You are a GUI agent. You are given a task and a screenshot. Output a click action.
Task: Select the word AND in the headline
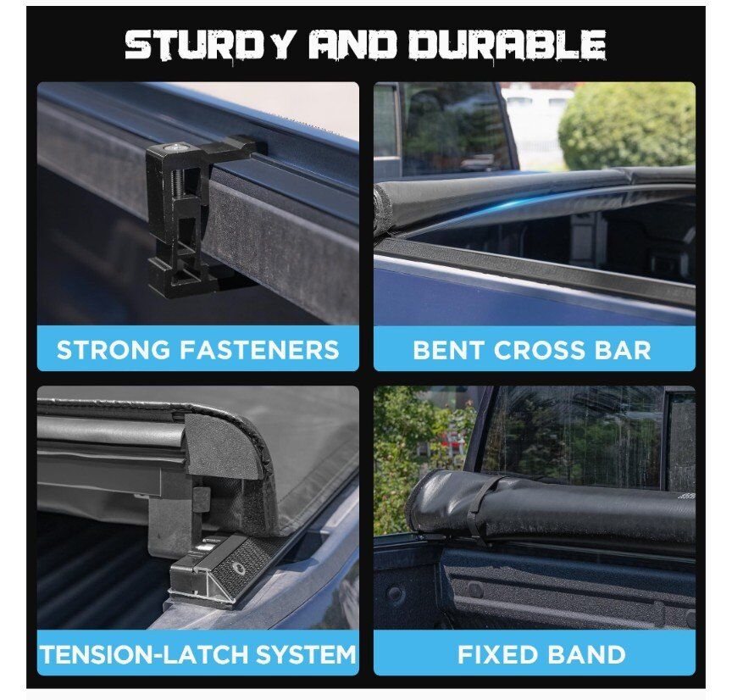point(352,45)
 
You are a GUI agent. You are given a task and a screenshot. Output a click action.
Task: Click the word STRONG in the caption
point(113,350)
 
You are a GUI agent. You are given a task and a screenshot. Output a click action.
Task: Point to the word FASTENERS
point(259,350)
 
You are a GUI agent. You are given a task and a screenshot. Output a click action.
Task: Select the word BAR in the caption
point(623,350)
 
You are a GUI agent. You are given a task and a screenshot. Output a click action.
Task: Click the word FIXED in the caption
point(493,654)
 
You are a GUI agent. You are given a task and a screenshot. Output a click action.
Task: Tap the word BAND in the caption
point(582,654)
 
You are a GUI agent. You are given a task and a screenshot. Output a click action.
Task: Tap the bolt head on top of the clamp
point(176,148)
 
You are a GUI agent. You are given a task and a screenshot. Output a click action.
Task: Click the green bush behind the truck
point(626,127)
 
